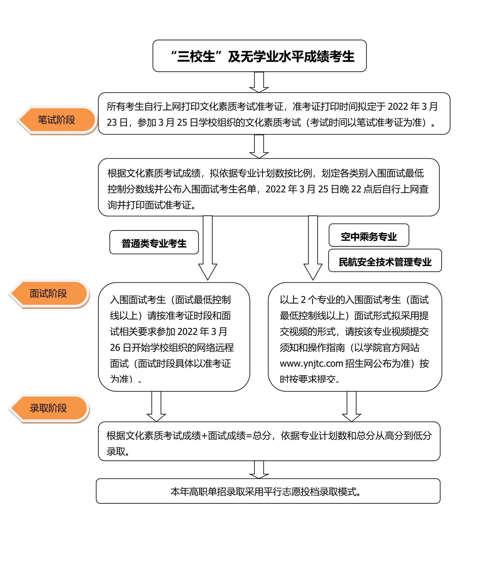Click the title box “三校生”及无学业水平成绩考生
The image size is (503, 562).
[x=259, y=56]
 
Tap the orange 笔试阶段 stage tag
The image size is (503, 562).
[x=57, y=120]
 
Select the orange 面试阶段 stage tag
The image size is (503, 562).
[x=49, y=293]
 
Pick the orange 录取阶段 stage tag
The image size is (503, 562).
[x=49, y=408]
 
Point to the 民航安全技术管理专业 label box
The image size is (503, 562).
[x=385, y=261]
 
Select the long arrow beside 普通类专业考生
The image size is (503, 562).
[x=207, y=247]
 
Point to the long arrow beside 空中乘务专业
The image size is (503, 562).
[x=313, y=247]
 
